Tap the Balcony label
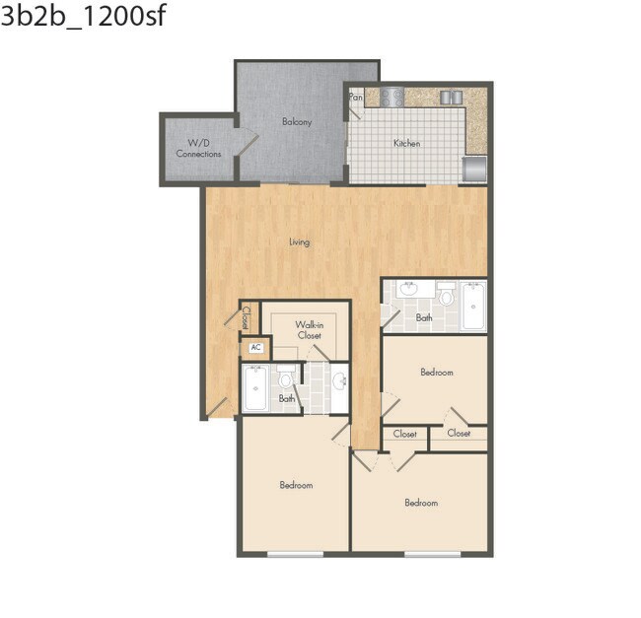click(x=297, y=122)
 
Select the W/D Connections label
click(x=198, y=149)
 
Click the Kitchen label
click(x=406, y=144)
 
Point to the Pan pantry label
click(x=356, y=98)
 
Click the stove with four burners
click(x=392, y=97)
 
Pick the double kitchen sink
click(x=451, y=97)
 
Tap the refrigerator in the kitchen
click(x=474, y=169)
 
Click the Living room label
click(x=299, y=241)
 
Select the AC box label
click(x=255, y=347)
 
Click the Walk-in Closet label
click(x=310, y=329)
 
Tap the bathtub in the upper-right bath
click(x=473, y=307)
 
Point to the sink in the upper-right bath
click(x=409, y=290)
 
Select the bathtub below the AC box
click(x=255, y=389)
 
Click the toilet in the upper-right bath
click(x=446, y=294)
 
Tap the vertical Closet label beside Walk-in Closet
click(x=247, y=316)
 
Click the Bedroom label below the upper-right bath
click(x=436, y=373)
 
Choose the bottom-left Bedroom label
click(x=296, y=485)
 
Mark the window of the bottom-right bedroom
click(x=432, y=554)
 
